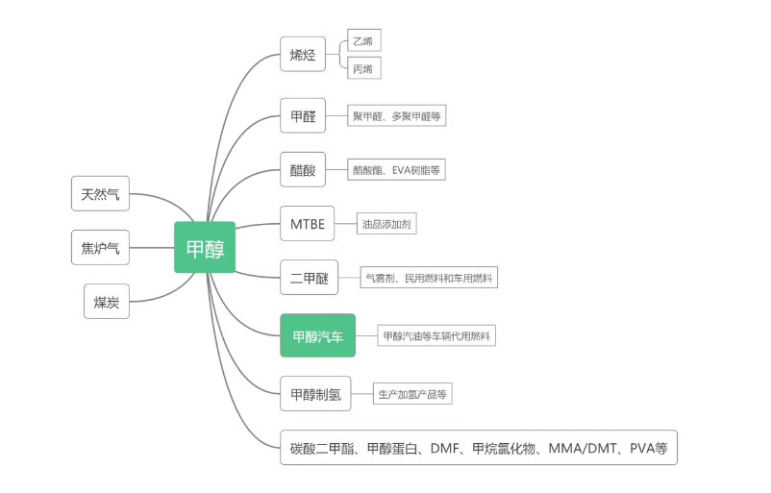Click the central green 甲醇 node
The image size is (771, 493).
[205, 248]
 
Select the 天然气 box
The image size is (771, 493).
[100, 194]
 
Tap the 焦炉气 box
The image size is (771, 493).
[100, 248]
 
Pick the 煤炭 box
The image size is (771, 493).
[106, 302]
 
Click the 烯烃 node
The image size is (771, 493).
[303, 55]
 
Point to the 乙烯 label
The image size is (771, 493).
[363, 40]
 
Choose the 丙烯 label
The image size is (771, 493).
[363, 68]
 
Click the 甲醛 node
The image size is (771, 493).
[303, 116]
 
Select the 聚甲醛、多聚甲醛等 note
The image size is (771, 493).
[396, 116]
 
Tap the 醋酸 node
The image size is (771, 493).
[303, 170]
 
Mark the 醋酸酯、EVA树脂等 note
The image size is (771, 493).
[396, 170]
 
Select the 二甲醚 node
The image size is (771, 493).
[309, 279]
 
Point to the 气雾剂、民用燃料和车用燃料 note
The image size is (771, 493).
[429, 279]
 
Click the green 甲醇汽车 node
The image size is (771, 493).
[317, 336]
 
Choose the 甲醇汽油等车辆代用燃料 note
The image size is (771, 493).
[436, 336]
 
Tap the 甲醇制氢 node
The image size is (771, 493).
[315, 393]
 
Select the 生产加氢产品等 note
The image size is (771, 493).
[412, 393]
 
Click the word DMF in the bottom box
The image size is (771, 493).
[445, 448]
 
